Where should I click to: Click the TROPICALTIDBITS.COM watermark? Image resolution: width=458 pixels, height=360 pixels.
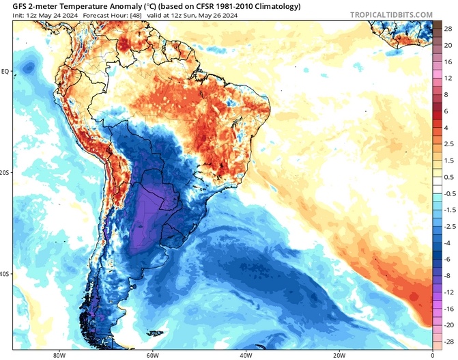pyautogui.click(x=391, y=14)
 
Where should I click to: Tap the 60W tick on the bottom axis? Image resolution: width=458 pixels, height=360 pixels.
pyautogui.click(x=152, y=355)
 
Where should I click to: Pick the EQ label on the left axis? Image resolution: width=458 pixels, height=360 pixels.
pyautogui.click(x=5, y=71)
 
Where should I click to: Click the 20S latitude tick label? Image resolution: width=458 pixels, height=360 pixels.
pyautogui.click(x=5, y=173)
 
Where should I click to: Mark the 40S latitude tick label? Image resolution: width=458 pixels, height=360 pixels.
pyautogui.click(x=5, y=274)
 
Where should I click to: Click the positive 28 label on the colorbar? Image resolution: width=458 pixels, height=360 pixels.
pyautogui.click(x=448, y=30)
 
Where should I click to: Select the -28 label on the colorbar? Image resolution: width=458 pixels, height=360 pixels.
pyautogui.click(x=448, y=340)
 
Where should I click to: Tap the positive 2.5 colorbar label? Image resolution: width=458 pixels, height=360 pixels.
pyautogui.click(x=448, y=144)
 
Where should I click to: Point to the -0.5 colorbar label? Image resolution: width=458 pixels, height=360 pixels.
pyautogui.click(x=448, y=193)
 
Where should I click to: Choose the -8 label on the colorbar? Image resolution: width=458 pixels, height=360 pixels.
pyautogui.click(x=448, y=275)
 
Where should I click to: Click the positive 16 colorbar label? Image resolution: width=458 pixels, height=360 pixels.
pyautogui.click(x=448, y=62)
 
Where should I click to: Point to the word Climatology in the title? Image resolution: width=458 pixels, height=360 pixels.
pyautogui.click(x=279, y=5)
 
